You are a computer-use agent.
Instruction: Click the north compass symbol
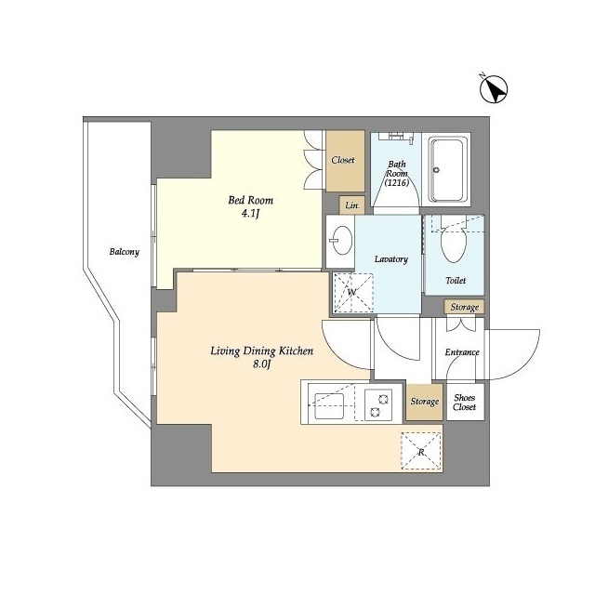[494, 89]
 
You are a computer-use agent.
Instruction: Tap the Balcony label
[125, 252]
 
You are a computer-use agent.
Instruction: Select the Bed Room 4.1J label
[250, 206]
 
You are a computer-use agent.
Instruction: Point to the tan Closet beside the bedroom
[345, 161]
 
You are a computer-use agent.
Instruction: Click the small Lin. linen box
[352, 205]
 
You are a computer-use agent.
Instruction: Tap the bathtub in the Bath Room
[446, 169]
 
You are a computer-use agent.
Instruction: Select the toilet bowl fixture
[454, 243]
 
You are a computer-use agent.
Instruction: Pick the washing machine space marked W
[353, 293]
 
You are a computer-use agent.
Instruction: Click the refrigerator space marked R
[421, 452]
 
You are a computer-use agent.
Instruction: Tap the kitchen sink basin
[329, 405]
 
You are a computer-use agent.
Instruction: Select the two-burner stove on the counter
[378, 405]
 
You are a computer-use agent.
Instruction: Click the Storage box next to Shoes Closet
[425, 402]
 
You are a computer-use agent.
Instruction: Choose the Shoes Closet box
[465, 403]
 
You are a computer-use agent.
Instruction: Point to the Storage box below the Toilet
[465, 307]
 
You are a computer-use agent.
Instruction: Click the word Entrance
[462, 352]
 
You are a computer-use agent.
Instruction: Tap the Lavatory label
[391, 259]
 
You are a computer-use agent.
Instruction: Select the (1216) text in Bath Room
[397, 183]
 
